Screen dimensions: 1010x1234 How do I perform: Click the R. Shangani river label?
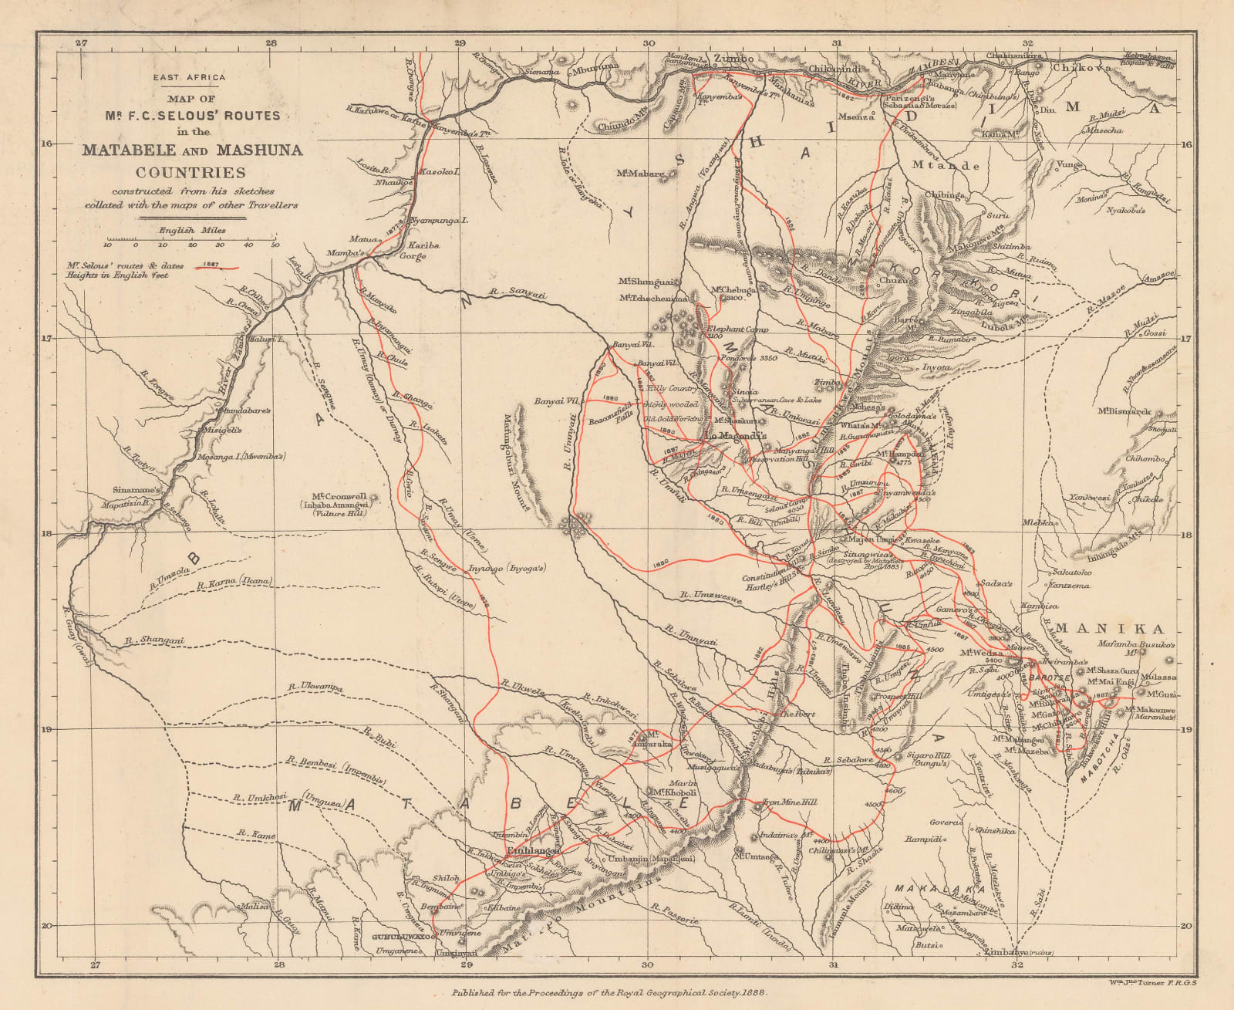pos(155,640)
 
